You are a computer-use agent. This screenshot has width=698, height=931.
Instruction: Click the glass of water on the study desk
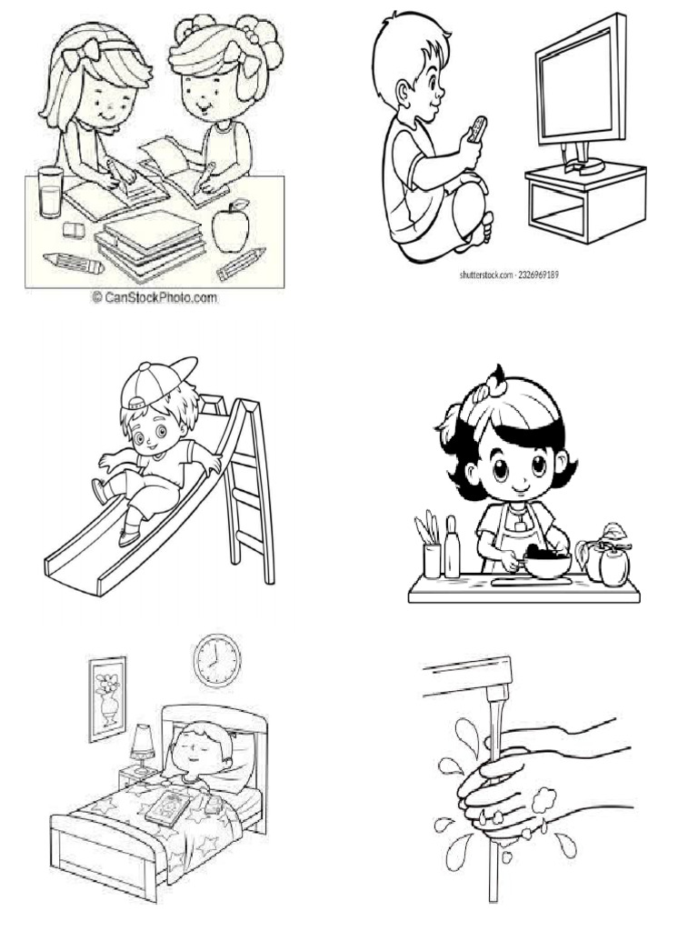51,192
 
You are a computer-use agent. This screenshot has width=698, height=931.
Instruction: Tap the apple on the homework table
231,226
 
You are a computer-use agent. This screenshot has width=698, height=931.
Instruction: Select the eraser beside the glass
75,230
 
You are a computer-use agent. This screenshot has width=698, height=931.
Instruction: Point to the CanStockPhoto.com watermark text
155,297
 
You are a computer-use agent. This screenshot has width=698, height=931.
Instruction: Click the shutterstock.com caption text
509,275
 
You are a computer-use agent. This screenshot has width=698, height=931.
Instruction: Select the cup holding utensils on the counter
432,560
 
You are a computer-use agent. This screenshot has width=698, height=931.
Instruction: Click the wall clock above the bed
217,660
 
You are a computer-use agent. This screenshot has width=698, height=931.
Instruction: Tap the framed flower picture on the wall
107,699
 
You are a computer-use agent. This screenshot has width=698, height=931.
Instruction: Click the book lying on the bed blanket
168,808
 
